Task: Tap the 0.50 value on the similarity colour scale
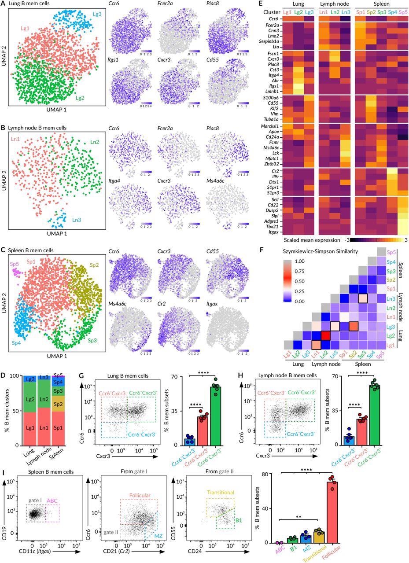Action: [304, 281]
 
